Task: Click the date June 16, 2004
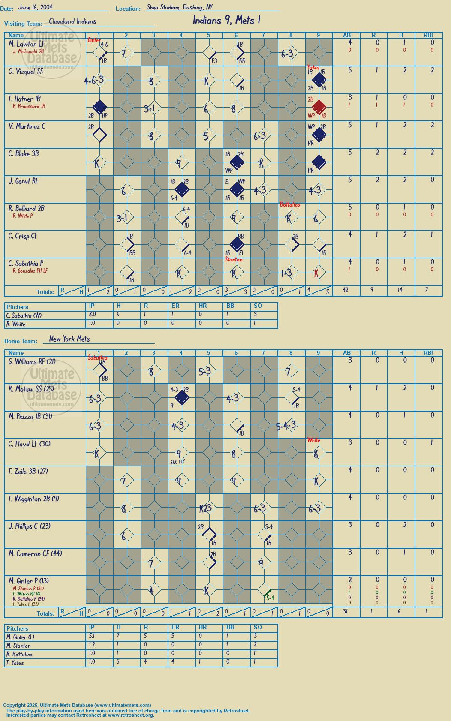pos(35,7)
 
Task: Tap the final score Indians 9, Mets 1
pos(226,20)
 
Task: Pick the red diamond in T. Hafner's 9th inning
pos(319,107)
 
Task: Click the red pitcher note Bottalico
pos(290,205)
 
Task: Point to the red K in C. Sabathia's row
pos(316,273)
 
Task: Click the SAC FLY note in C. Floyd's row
pos(177,462)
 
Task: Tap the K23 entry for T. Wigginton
pos(205,508)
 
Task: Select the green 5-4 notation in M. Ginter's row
pos(270,598)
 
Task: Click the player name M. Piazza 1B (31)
pos(30,417)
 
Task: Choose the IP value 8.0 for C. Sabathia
pos(92,315)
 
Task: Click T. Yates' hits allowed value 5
pos(118,661)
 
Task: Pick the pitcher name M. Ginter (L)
pos(20,637)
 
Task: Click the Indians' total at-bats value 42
pos(346,290)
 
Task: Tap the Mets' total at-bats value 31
pos(346,611)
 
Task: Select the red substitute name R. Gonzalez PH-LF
pos(30,271)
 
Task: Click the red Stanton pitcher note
pos(234,259)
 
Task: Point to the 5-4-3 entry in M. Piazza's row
pos(286,426)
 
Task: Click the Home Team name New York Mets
pos(69,339)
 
